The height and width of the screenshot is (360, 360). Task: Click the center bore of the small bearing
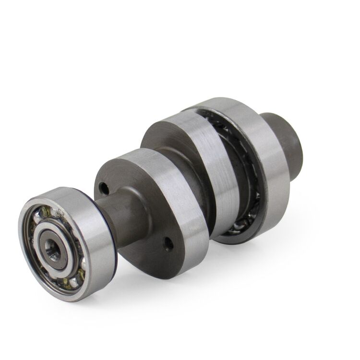click(x=50, y=246)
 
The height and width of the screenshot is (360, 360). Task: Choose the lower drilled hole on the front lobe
click(x=167, y=243)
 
